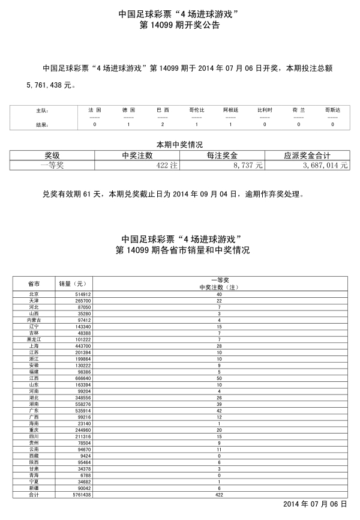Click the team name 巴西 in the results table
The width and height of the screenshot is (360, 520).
[x=163, y=110]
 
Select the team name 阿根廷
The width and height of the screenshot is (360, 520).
[x=231, y=110]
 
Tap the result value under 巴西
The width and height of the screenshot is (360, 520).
[x=163, y=124]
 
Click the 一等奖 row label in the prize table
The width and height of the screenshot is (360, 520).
[x=51, y=165]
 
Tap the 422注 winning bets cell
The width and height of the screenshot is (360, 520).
[x=166, y=165]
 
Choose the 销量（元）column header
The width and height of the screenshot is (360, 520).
[x=73, y=283]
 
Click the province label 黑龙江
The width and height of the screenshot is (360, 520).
[x=34, y=339]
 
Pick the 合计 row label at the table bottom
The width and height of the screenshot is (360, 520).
[x=34, y=495]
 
